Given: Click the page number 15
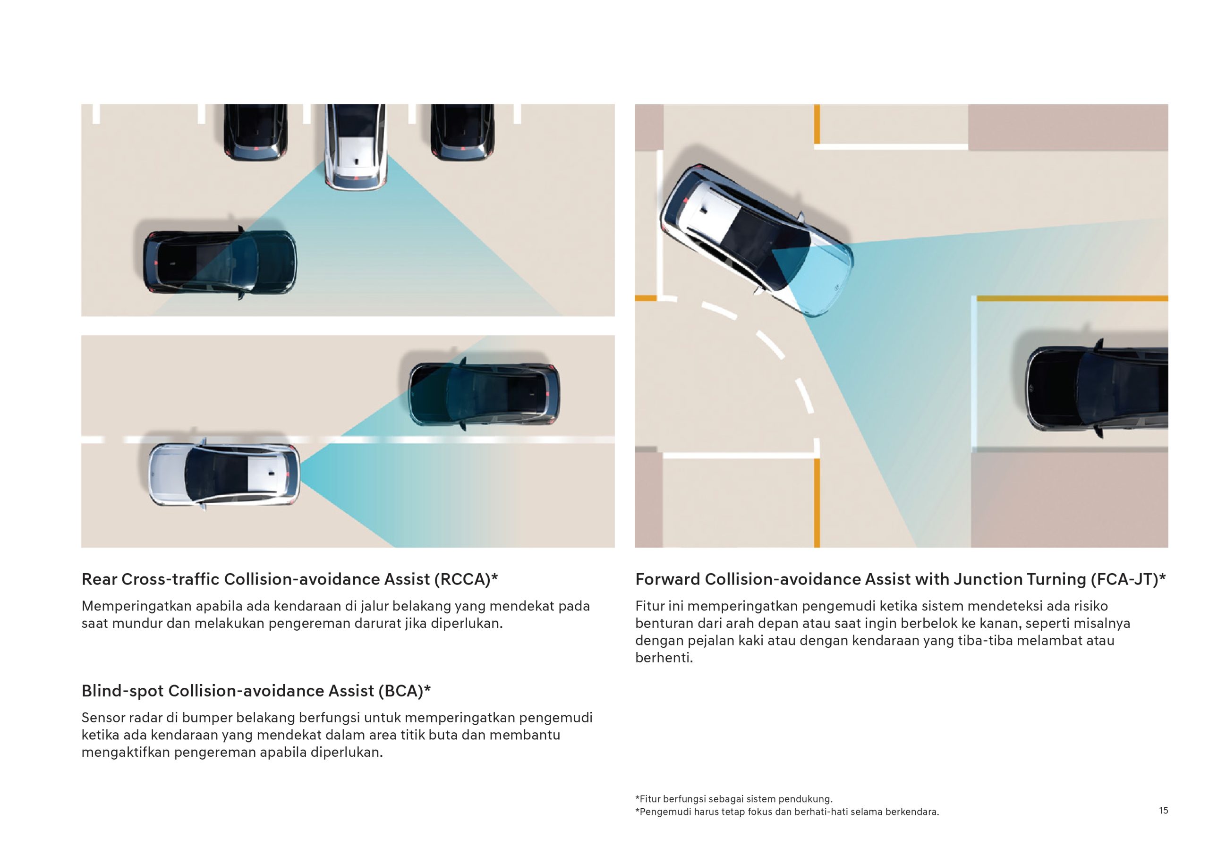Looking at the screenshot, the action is (1163, 810).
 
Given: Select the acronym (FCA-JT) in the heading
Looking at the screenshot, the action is (1128, 580).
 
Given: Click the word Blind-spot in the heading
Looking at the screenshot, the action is (123, 691).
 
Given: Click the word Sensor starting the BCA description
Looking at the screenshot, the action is (102, 718).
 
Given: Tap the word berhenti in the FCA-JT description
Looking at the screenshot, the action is (664, 658).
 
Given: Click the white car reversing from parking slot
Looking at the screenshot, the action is (356, 147).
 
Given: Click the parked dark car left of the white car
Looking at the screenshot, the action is (255, 133).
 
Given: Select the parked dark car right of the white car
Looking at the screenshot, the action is (462, 133).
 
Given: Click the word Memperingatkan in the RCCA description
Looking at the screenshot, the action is (136, 607).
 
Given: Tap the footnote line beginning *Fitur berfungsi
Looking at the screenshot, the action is (734, 799).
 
